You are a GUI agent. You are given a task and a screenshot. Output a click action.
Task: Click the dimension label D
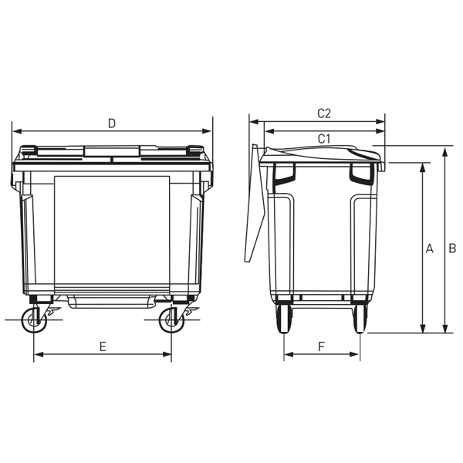pyautogui.click(x=112, y=123)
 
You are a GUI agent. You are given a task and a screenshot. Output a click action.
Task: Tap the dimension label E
pyautogui.click(x=103, y=346)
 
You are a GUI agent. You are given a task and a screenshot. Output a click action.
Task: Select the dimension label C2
pyautogui.click(x=324, y=113)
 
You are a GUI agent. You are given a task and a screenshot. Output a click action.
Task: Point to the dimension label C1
pyautogui.click(x=324, y=138)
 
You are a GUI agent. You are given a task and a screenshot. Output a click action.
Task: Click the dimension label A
pyautogui.click(x=430, y=248)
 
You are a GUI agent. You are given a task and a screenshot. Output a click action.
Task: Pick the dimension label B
pyautogui.click(x=453, y=248)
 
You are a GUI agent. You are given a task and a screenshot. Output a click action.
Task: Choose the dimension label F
pyautogui.click(x=320, y=346)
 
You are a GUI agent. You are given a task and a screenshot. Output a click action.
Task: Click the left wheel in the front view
pyautogui.click(x=33, y=319)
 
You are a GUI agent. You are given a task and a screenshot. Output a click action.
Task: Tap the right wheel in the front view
pyautogui.click(x=171, y=319)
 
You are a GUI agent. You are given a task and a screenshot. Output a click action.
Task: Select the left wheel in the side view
pyautogui.click(x=283, y=317)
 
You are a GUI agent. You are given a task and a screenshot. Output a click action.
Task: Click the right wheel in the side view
pyautogui.click(x=359, y=317)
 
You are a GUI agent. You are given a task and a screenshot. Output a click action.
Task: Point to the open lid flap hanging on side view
pyautogui.click(x=252, y=204)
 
